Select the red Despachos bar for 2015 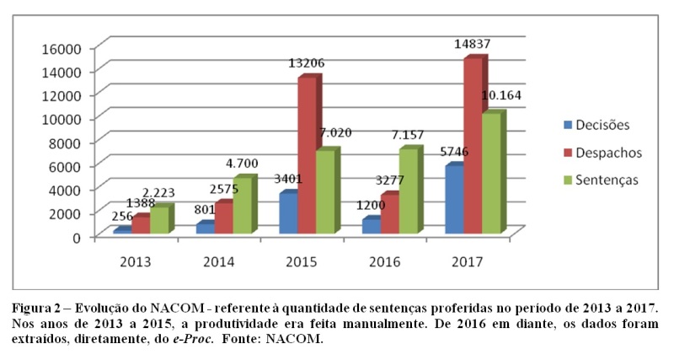[x=306, y=155]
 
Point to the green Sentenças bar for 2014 [x=243, y=206]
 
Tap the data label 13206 [x=308, y=62]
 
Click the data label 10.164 [x=503, y=95]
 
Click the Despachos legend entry [x=602, y=152]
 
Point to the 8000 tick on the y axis [x=66, y=142]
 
